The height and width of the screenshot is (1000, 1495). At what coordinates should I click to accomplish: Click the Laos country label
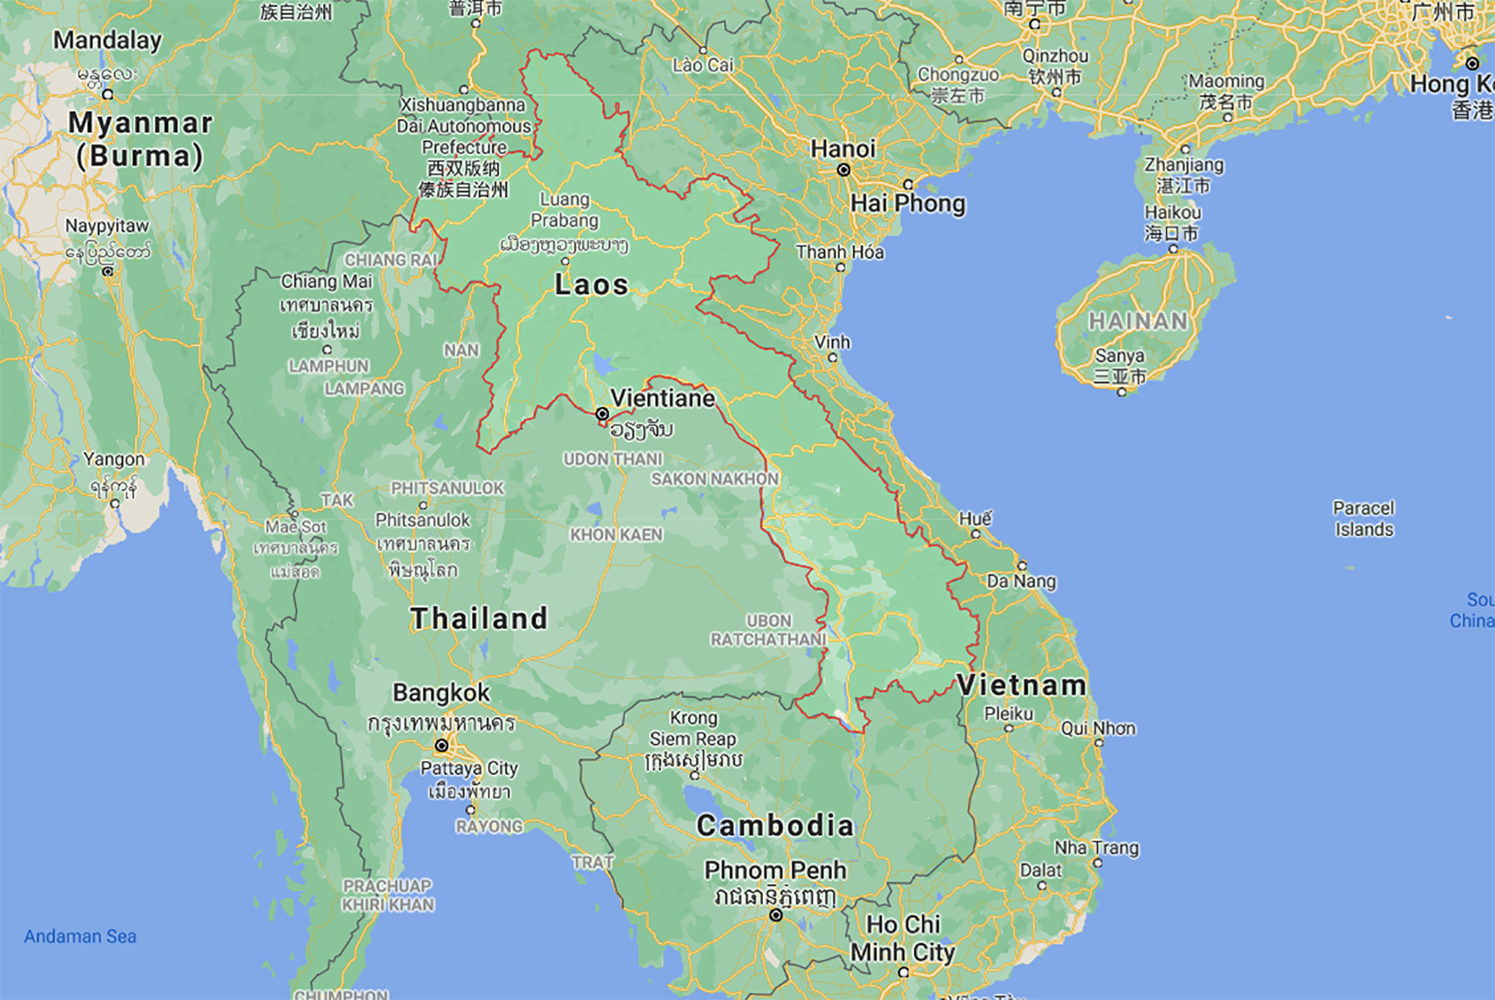coord(591,285)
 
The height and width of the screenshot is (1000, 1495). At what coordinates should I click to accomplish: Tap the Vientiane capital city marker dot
coord(602,414)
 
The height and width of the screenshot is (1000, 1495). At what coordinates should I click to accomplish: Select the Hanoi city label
coord(842,149)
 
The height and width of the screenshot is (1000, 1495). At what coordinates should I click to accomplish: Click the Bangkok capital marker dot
coord(442,745)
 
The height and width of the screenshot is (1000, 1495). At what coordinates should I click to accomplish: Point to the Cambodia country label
coord(774,826)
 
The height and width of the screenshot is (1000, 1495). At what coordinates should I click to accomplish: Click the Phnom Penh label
coord(775,871)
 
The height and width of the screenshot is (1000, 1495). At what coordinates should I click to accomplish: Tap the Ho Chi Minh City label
coord(902,939)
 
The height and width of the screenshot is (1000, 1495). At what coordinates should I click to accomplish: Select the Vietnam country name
coord(1021,686)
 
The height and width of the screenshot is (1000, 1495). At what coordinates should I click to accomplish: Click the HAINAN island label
coord(1138,322)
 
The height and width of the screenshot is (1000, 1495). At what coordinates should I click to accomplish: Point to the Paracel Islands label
coord(1364,519)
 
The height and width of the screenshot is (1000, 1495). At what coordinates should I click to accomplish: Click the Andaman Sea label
coord(80,936)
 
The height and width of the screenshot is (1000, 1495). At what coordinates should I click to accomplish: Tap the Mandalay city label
coord(107,41)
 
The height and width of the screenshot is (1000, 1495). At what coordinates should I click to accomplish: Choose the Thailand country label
coord(479,619)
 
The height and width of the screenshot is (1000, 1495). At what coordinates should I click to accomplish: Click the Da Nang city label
coord(1021,581)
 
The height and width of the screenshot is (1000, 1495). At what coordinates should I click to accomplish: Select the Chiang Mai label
coord(326,281)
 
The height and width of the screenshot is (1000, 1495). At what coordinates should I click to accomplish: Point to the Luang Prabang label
coord(565,210)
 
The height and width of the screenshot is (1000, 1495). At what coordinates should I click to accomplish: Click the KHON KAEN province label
coord(616,535)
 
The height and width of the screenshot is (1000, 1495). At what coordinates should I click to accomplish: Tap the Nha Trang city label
coord(1096,847)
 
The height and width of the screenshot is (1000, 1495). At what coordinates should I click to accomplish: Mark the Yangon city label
coord(114,459)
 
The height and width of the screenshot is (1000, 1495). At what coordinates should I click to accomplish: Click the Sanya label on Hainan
coord(1120,355)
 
